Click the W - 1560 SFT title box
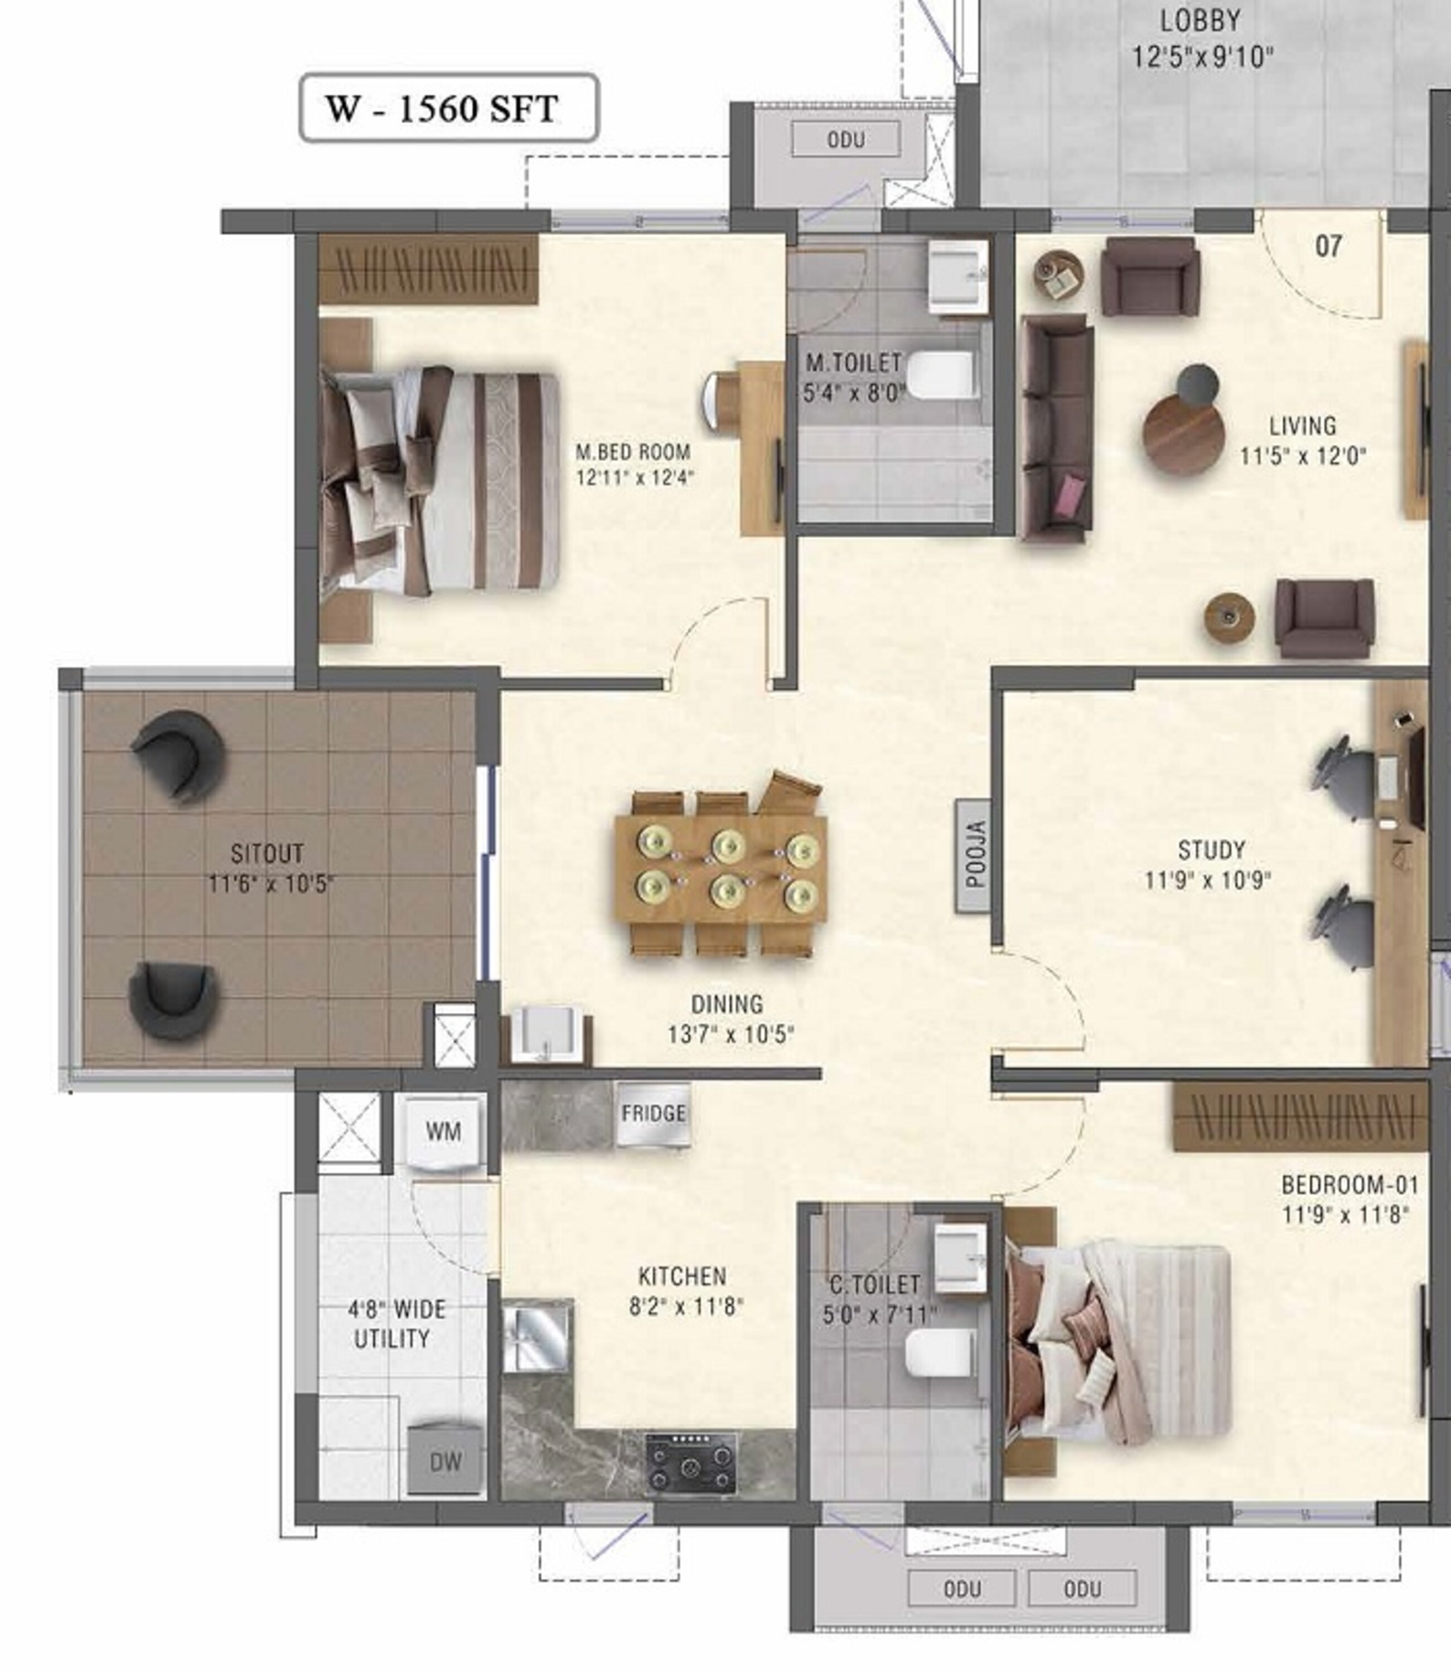449,108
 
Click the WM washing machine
443,1132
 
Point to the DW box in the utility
446,1461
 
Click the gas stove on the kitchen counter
691,1463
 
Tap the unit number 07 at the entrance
1328,245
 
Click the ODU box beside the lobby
845,139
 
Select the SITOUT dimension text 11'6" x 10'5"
270,883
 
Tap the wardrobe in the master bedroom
428,270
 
